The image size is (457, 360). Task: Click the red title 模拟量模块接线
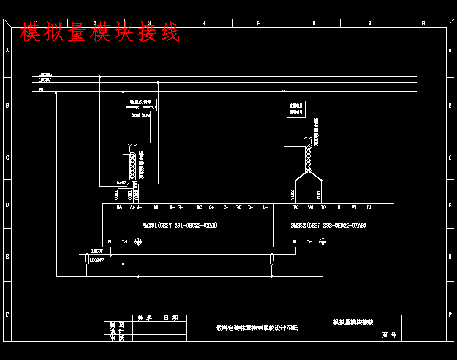tap(100, 32)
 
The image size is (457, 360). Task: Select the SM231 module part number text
tap(179, 226)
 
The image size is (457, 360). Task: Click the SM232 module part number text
tap(328, 226)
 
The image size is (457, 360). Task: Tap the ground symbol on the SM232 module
tap(323, 249)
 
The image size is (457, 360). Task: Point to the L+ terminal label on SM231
tap(125, 242)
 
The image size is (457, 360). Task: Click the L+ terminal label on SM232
tap(309, 242)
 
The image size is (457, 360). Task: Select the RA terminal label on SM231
tap(119, 208)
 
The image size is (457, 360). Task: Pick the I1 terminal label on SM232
tap(369, 208)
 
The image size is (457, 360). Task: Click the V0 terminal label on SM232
tap(311, 208)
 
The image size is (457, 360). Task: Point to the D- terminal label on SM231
tap(265, 208)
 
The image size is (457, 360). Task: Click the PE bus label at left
tap(41, 89)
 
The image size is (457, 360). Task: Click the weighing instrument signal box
tap(142, 105)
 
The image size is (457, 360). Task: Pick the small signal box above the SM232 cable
tap(296, 108)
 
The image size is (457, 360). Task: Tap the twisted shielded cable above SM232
tap(308, 158)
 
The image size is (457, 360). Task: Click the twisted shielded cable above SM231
tap(132, 165)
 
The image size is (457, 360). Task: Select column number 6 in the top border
tap(314, 23)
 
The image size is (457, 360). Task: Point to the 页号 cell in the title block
tap(389, 335)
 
